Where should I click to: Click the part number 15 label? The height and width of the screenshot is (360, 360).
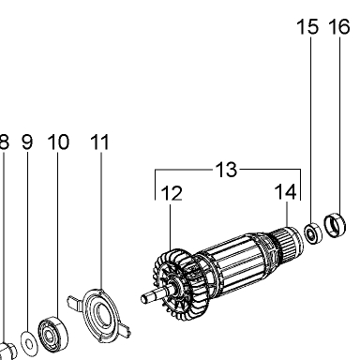[x=307, y=26]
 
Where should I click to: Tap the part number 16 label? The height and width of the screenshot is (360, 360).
[x=339, y=26]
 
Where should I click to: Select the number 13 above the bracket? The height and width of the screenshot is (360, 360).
[x=226, y=170]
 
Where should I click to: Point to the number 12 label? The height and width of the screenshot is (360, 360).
[x=172, y=193]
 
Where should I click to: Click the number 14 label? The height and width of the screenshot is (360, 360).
[x=285, y=192]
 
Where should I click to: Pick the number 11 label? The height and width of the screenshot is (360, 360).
[x=99, y=142]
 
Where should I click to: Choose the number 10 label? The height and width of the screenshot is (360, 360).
[x=58, y=142]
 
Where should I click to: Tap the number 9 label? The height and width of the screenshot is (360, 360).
[x=27, y=142]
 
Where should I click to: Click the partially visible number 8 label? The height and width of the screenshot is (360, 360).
[x=4, y=142]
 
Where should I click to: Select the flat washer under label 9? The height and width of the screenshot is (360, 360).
[x=29, y=344]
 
